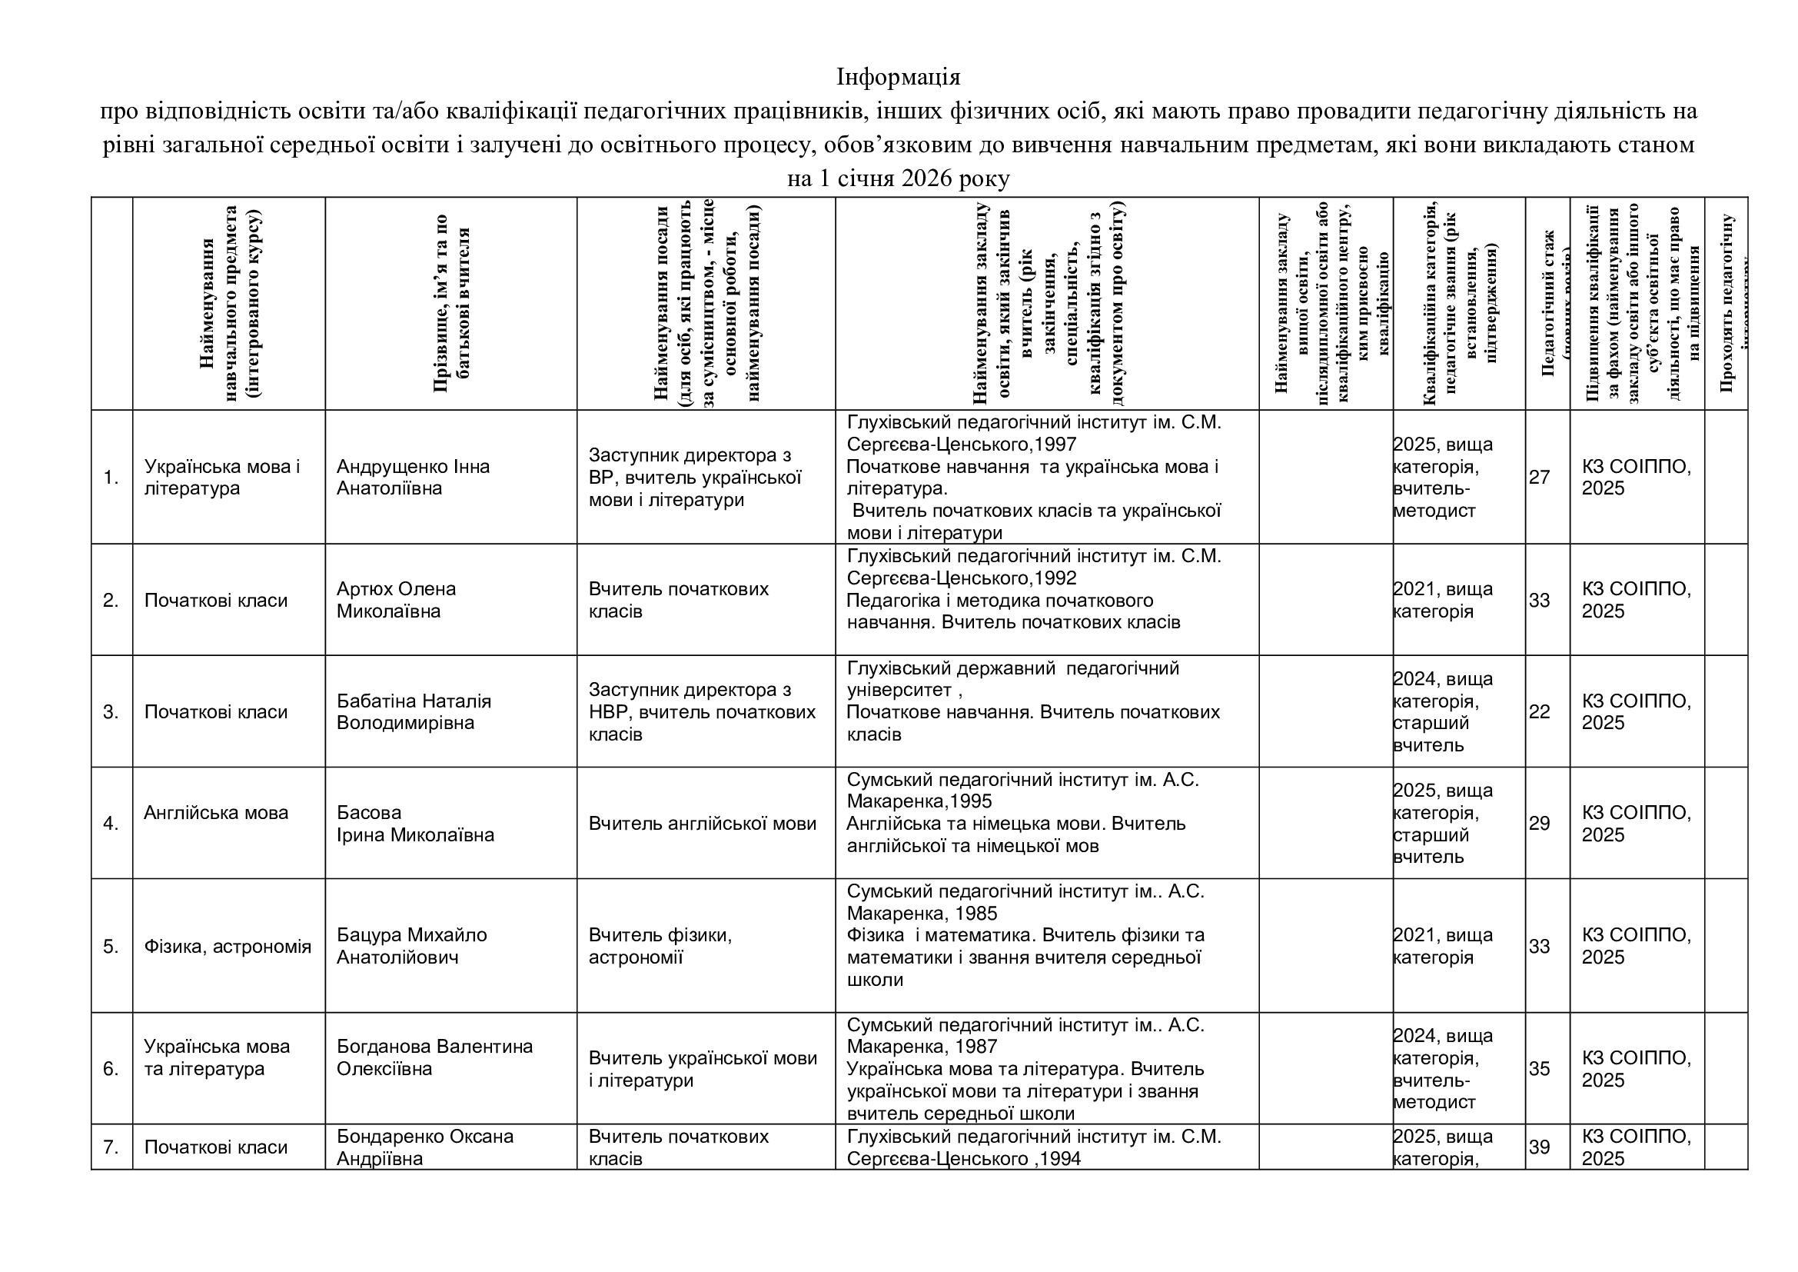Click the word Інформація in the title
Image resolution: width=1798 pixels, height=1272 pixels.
pos(898,78)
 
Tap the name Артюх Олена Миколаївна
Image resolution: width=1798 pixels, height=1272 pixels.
pos(395,599)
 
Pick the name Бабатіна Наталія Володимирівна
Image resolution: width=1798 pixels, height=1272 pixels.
pos(414,711)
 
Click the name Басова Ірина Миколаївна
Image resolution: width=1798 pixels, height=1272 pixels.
pos(415,823)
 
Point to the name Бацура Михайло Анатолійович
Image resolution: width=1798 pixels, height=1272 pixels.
pos(411,945)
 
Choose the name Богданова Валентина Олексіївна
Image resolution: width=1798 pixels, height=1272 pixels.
pos(434,1057)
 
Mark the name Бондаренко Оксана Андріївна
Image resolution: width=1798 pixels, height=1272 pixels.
pos(424,1147)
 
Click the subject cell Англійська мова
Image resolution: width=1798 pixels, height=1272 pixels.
pos(216,812)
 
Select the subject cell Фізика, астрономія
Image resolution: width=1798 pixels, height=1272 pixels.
pos(227,946)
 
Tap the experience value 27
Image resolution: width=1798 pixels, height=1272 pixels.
pos(1539,477)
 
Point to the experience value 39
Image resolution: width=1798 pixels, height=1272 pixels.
pos(1539,1147)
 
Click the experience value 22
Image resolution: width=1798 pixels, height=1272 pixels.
pos(1539,711)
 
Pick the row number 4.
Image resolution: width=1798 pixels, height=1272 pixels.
pos(111,823)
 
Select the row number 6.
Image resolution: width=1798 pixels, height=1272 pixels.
pos(111,1068)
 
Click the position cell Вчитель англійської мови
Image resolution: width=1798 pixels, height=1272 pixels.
pos(702,823)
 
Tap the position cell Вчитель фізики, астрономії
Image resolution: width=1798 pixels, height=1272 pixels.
pos(660,945)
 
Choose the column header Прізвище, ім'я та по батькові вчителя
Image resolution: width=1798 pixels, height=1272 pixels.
pos(451,303)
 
